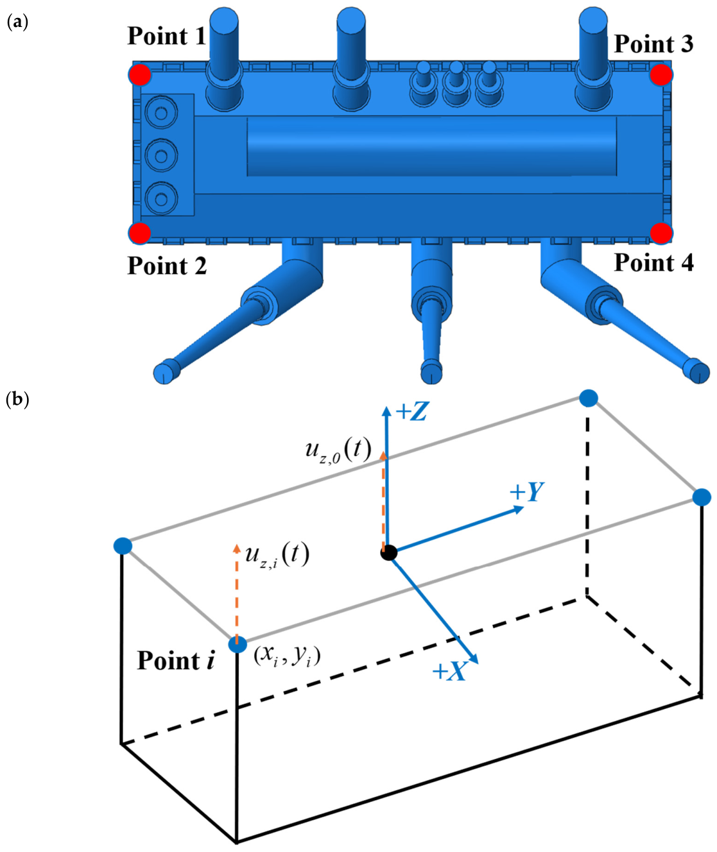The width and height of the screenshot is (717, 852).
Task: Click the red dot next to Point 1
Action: point(140,74)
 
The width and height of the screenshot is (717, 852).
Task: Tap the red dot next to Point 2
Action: point(140,234)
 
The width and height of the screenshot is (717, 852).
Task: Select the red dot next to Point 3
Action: point(661,74)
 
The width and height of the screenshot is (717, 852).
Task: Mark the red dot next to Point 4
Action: point(661,234)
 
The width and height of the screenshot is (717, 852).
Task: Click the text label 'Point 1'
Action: point(167,36)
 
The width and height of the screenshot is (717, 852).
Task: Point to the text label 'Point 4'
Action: point(653,263)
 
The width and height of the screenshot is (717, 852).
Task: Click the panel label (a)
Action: point(18,22)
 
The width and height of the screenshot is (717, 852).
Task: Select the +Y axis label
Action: point(527,492)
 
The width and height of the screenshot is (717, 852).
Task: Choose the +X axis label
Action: point(449,671)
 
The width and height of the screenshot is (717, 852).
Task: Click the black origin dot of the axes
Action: point(389,553)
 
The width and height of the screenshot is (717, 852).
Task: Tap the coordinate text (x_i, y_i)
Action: point(287,657)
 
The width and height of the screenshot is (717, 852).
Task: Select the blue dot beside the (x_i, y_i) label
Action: point(238,645)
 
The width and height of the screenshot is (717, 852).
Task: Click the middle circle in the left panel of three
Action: point(161,155)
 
